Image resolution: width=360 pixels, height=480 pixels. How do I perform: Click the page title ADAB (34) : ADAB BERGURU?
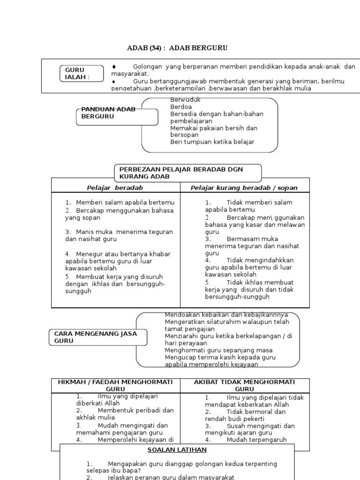pyautogui.click(x=178, y=48)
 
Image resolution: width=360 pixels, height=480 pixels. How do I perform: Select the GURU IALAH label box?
pyautogui.click(x=82, y=74)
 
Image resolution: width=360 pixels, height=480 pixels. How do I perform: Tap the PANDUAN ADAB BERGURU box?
pyautogui.click(x=117, y=116)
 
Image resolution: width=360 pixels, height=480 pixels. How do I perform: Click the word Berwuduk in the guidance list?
pyautogui.click(x=186, y=100)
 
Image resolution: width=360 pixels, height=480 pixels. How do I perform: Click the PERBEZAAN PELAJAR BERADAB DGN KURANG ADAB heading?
pyautogui.click(x=187, y=172)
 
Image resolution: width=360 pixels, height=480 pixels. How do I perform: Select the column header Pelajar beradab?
pyautogui.click(x=115, y=188)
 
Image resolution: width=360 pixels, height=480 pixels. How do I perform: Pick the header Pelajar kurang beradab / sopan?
pyautogui.click(x=244, y=188)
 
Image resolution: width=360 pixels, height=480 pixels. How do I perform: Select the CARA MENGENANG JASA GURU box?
pyautogui.click(x=98, y=337)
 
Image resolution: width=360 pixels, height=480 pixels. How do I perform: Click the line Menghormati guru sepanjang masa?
pyautogui.click(x=218, y=350)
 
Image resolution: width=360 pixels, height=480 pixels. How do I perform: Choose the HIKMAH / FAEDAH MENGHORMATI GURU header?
pyautogui.click(x=115, y=385)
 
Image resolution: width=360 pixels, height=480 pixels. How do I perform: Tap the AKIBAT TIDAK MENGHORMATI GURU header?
pyautogui.click(x=244, y=385)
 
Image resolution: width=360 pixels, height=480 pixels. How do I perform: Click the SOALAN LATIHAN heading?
pyautogui.click(x=177, y=450)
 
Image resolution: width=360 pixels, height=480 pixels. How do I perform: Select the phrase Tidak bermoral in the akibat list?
pyautogui.click(x=248, y=412)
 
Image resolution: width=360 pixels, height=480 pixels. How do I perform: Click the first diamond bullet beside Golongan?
pyautogui.click(x=114, y=67)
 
